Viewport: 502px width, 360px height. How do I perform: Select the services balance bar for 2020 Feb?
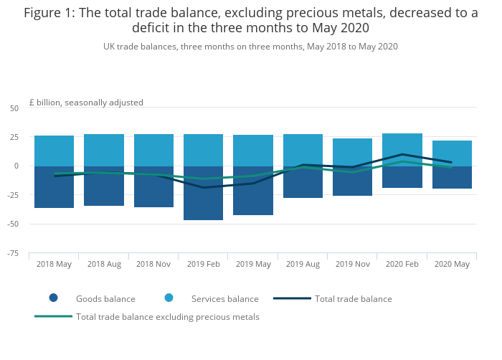402,143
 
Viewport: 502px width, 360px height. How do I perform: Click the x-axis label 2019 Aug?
303,264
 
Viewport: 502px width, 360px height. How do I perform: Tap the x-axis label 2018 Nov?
153,264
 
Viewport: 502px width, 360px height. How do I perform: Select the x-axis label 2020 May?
452,264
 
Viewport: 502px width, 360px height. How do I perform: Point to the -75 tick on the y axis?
14,253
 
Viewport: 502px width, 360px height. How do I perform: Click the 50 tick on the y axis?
14,108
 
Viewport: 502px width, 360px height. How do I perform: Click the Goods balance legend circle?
53,298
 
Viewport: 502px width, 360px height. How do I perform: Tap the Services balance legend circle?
169,298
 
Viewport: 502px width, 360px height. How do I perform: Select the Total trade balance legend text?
353,299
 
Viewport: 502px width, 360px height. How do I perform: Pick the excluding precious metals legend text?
168,317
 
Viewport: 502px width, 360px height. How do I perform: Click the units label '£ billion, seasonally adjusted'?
86,103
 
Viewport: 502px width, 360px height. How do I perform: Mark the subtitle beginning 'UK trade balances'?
250,46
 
